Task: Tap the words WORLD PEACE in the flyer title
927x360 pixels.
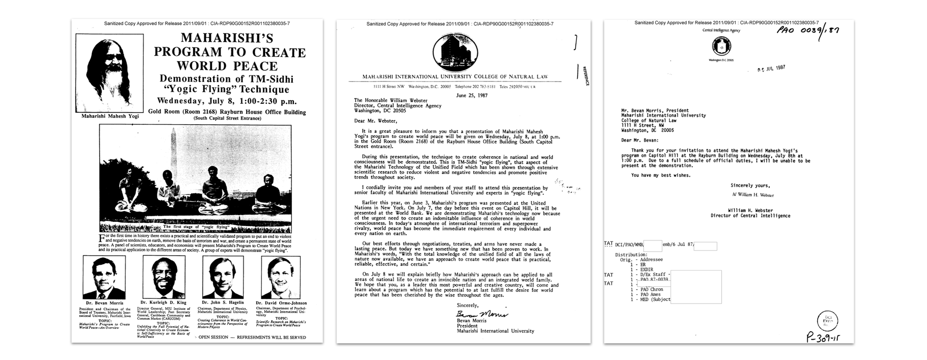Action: point(227,66)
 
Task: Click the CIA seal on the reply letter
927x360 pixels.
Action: point(721,46)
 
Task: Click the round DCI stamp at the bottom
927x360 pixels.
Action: point(827,321)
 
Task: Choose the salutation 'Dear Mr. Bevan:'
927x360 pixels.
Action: point(640,140)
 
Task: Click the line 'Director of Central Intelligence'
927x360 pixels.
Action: point(750,216)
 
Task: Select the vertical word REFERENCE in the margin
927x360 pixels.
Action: point(585,76)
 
